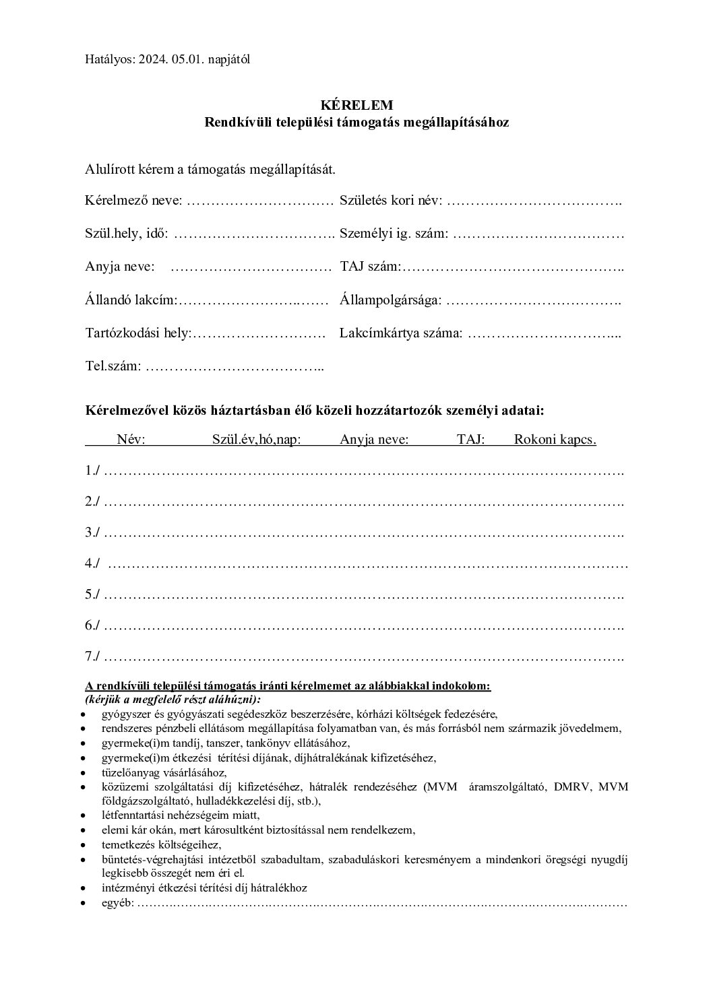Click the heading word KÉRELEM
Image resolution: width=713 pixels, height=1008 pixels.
[x=356, y=105]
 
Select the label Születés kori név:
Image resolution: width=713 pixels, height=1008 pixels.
[x=391, y=201]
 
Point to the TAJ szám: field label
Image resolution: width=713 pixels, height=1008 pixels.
[x=371, y=267]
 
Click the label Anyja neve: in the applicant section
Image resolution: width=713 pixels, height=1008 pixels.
[x=120, y=267]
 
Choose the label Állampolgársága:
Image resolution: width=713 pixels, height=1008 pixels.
[x=391, y=300]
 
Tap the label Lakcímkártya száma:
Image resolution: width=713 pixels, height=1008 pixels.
[x=401, y=333]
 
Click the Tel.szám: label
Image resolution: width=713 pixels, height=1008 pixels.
[x=113, y=367]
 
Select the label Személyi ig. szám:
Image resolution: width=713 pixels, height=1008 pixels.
[x=394, y=234]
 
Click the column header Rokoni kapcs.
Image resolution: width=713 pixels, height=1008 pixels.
[x=555, y=440]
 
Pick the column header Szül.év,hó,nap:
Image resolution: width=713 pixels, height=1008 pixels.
[x=256, y=440]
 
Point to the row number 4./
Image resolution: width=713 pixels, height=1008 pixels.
[x=93, y=564]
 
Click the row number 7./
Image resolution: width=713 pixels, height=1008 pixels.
[x=93, y=656]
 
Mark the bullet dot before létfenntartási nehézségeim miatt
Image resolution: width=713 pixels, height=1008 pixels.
[x=82, y=815]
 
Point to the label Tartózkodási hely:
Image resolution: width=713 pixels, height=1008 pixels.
[x=139, y=333]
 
